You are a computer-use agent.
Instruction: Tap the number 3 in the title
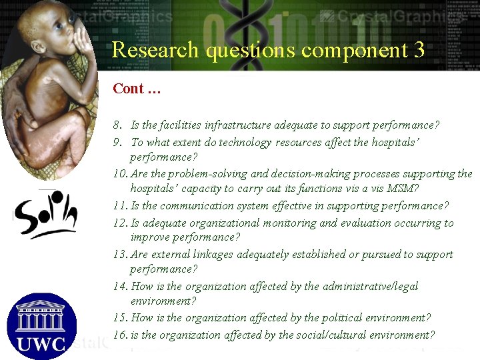pos(418,50)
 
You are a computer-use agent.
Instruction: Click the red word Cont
pos(128,89)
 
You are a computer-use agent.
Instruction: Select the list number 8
pos(117,125)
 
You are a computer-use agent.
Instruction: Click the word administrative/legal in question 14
pos(370,286)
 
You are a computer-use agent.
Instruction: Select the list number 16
pos(120,335)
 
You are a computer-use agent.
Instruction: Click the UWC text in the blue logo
pos(41,343)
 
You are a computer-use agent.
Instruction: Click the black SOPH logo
pos(45,215)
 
